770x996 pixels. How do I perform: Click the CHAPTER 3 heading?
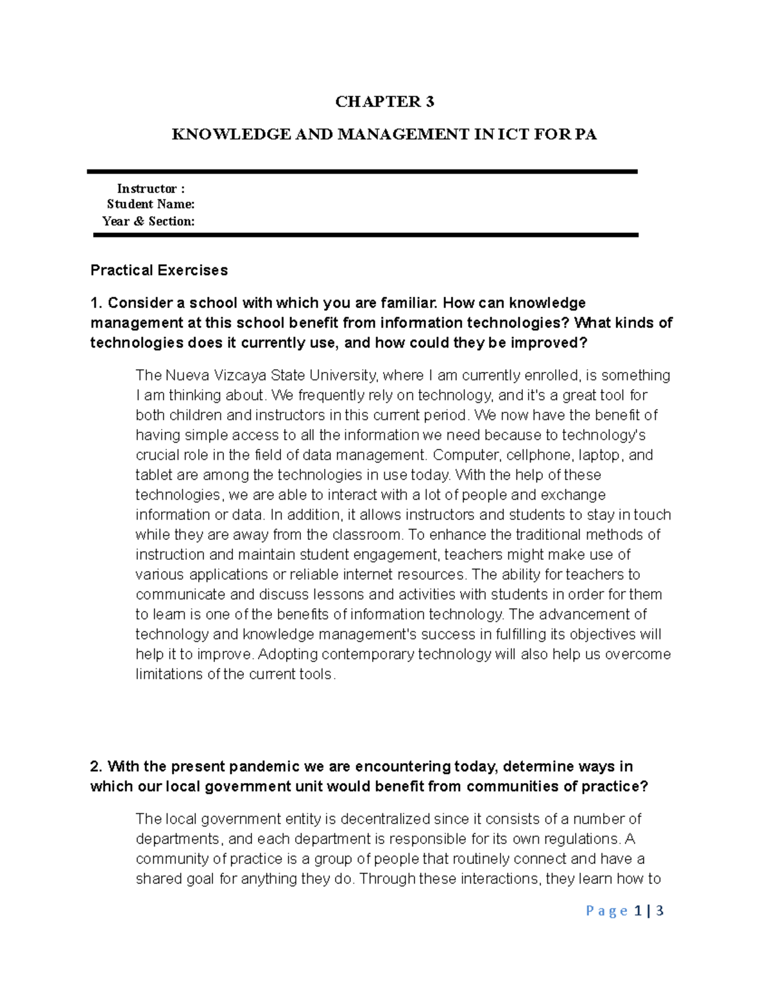point(385,101)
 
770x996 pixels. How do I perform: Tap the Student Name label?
point(151,205)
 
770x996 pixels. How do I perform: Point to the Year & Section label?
point(148,221)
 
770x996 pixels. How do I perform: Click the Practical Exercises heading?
point(158,271)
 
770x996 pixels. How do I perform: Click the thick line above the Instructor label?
point(363,171)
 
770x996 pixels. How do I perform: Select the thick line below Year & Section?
point(366,235)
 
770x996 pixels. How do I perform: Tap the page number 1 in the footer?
point(637,911)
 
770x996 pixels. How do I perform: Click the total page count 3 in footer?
point(660,911)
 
